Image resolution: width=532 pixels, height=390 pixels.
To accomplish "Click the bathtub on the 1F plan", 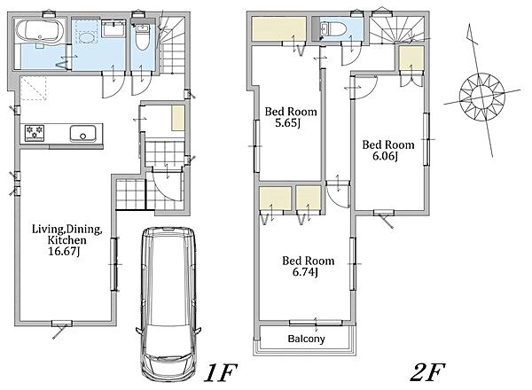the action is pyautogui.click(x=41, y=30).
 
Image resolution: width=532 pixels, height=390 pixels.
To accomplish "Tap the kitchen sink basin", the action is pyautogui.click(x=83, y=134).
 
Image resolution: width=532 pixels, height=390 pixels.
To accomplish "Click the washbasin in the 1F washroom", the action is pyautogui.click(x=113, y=28).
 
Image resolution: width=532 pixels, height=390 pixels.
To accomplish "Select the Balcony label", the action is pyautogui.click(x=306, y=339).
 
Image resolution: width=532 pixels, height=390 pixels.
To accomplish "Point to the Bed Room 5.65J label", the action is pyautogui.click(x=291, y=117).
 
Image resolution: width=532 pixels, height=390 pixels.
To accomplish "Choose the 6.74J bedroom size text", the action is pyautogui.click(x=305, y=272).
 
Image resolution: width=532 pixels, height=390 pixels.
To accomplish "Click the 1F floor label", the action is pyautogui.click(x=220, y=372).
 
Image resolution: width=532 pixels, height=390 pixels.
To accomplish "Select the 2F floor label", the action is pyautogui.click(x=427, y=372).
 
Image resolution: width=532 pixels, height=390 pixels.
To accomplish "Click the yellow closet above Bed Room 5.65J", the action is pyautogui.click(x=279, y=29).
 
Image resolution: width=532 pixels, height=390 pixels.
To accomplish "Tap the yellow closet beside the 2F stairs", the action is pyautogui.click(x=411, y=58).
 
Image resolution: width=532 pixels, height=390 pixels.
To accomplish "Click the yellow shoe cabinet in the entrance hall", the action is pyautogui.click(x=178, y=118).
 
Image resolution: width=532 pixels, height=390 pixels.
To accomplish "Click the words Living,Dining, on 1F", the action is pyautogui.click(x=66, y=230).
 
